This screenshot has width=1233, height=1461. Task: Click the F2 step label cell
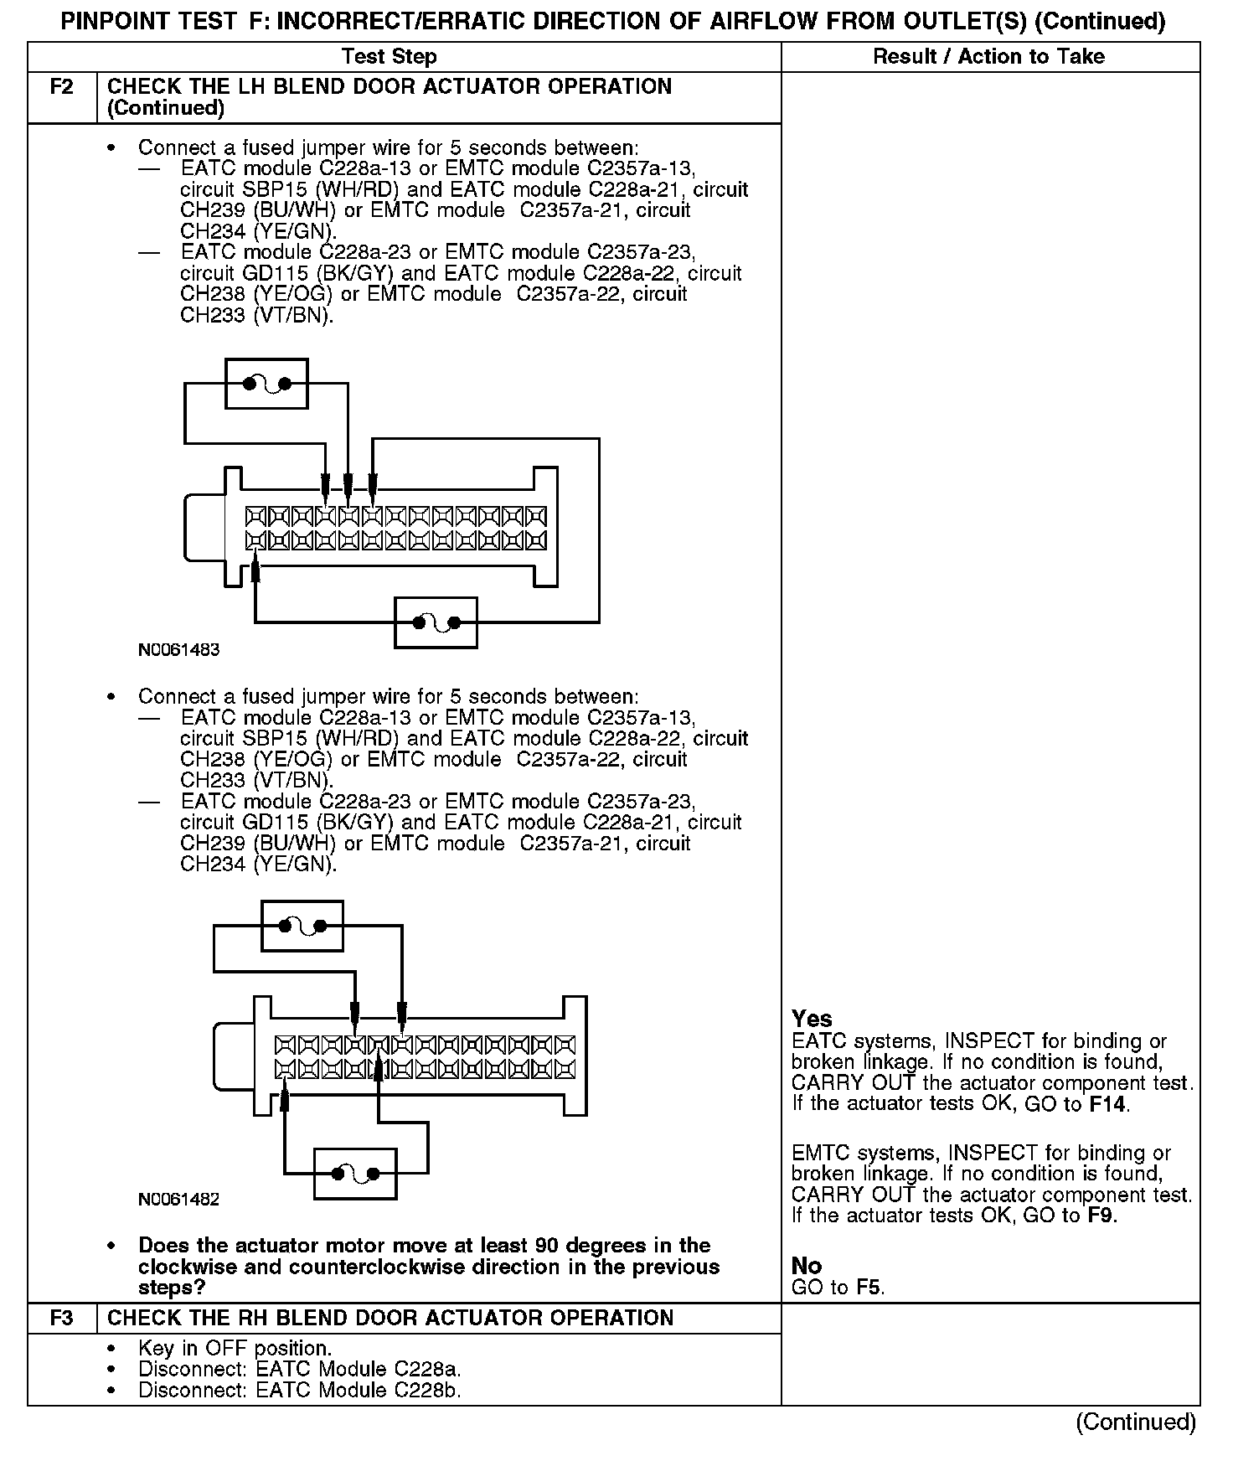[62, 87]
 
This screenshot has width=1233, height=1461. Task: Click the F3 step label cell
[62, 1318]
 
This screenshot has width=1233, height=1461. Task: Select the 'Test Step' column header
[389, 57]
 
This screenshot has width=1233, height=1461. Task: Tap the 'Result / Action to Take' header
[988, 57]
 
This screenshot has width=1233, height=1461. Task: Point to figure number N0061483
[179, 650]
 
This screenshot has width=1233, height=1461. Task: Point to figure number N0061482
[179, 1200]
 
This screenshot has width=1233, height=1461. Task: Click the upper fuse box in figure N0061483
[267, 384]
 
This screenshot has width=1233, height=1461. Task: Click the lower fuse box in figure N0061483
[436, 622]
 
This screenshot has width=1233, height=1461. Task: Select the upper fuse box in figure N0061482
[302, 926]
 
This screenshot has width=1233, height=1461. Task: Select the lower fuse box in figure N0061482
[355, 1174]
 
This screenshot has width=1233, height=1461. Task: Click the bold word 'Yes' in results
[812, 1019]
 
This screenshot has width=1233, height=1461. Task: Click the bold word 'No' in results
[806, 1266]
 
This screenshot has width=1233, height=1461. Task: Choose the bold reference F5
[869, 1288]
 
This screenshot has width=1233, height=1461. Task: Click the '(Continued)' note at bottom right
[1136, 1422]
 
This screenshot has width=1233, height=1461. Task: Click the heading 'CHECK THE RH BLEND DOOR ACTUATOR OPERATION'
[390, 1318]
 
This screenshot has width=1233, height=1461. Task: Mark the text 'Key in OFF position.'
[235, 1349]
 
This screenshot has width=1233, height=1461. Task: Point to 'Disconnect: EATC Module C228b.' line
[300, 1391]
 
